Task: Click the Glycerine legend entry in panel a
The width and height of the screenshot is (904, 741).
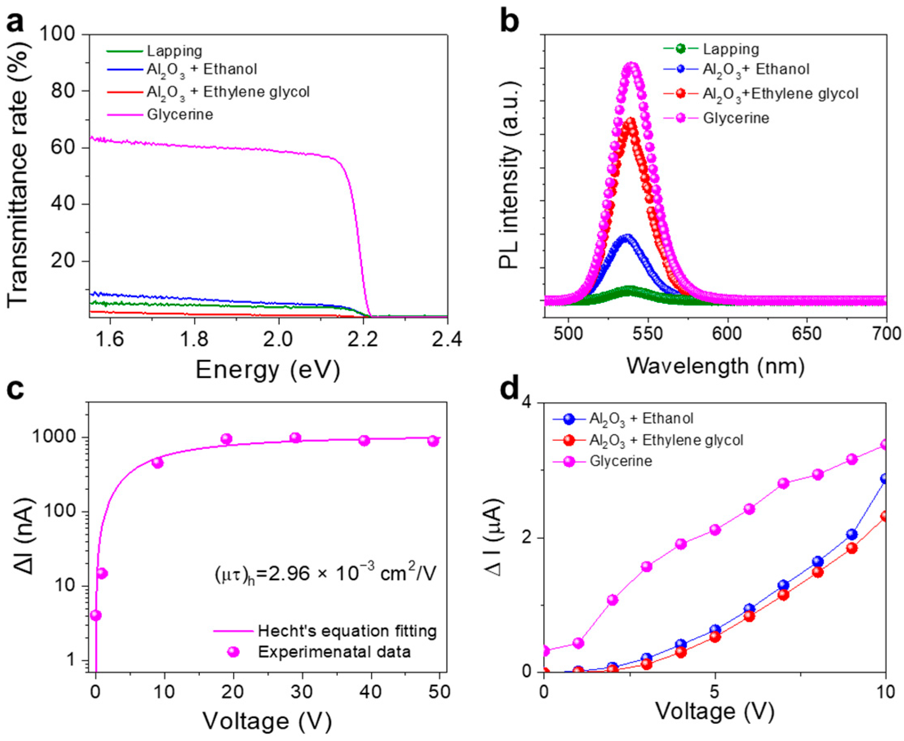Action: tap(179, 115)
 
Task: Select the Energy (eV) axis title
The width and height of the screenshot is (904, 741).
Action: tap(268, 369)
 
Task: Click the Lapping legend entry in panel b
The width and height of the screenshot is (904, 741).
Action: tap(731, 49)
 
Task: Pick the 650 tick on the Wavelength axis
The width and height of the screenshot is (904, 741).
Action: tap(807, 333)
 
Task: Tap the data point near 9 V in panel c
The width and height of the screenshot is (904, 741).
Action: tap(157, 463)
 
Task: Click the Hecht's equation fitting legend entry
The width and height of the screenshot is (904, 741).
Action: tap(347, 631)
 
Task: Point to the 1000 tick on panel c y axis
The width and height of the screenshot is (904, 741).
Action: tap(62, 438)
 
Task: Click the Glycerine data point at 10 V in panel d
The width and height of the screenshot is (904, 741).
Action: tap(884, 445)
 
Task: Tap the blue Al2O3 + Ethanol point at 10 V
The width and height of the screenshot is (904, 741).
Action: tap(884, 479)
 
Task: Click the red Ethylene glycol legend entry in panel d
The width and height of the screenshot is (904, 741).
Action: tap(666, 440)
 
